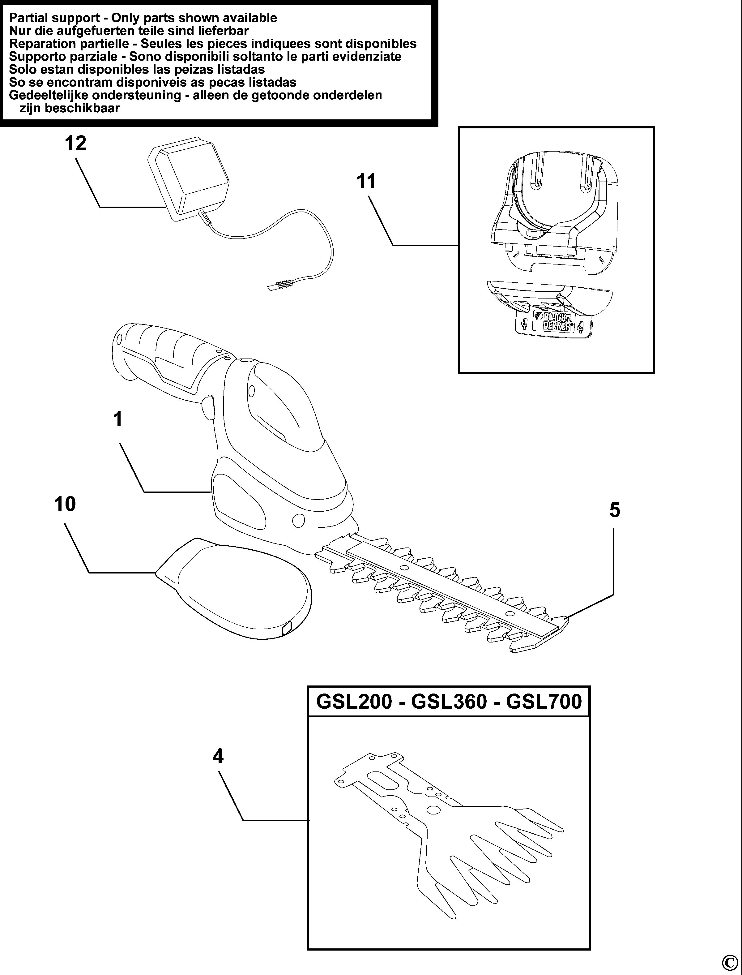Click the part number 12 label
75,144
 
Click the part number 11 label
366,182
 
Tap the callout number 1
117,419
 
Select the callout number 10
65,504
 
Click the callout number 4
218,757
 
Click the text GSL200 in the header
354,702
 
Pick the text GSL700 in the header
544,702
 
